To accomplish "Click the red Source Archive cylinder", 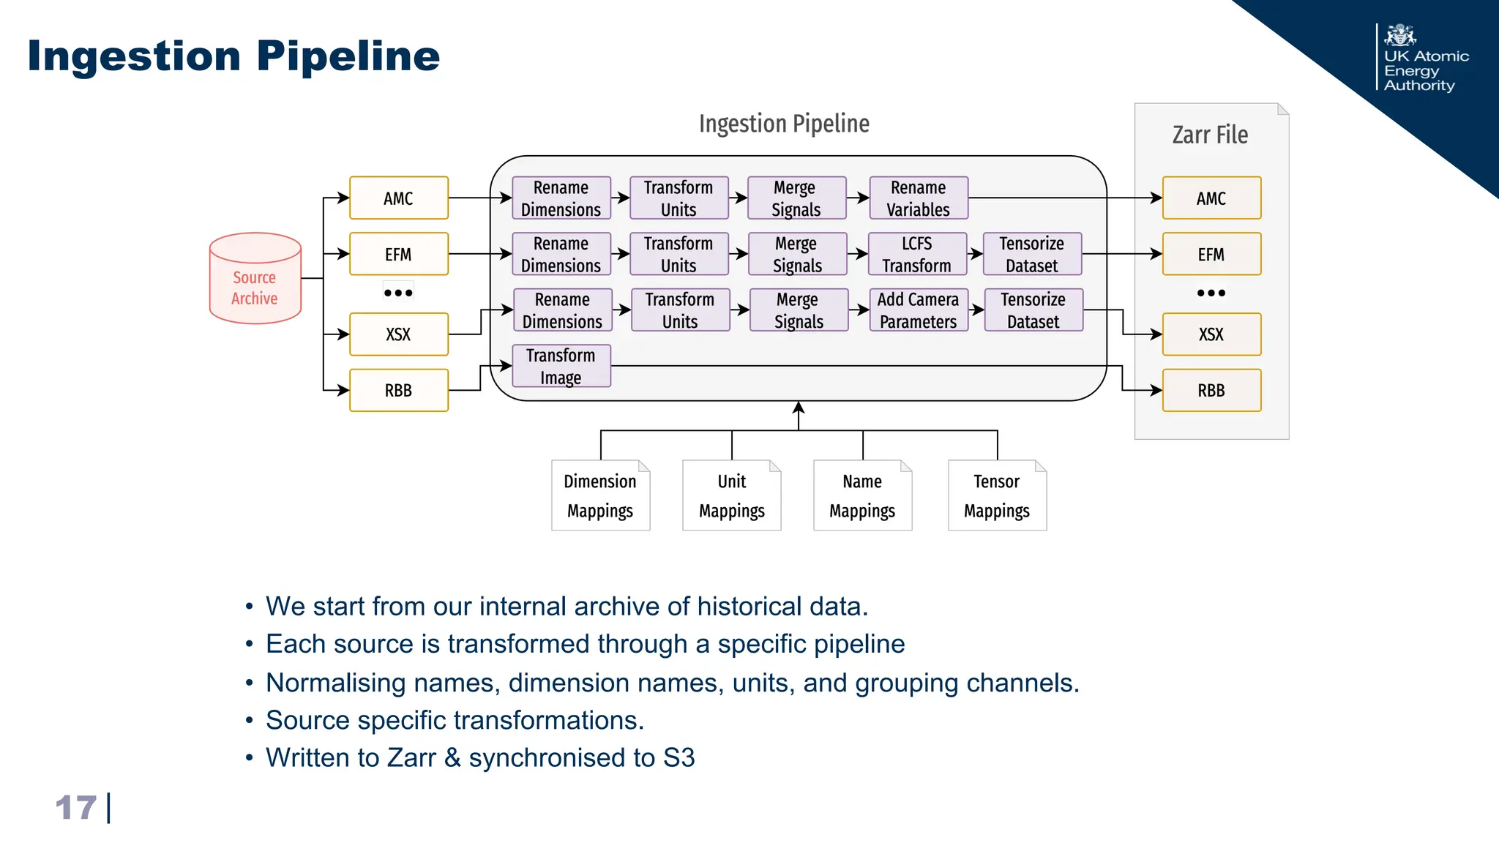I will pos(255,279).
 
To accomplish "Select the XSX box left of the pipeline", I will pos(398,334).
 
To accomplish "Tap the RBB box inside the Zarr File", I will pos(1211,390).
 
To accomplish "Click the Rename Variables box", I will pos(918,198).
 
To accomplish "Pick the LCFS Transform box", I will pos(916,254).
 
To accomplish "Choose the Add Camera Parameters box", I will pos(918,310).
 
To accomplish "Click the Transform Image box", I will pos(561,366).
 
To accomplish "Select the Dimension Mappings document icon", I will pos(600,495).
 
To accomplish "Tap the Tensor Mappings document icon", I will pos(996,495).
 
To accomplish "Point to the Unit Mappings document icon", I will pos(731,495).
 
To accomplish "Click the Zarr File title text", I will pos(1210,135).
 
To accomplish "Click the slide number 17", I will pos(76,808).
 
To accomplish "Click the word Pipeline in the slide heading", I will pos(348,56).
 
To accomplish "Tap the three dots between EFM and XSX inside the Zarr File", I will pos(1211,293).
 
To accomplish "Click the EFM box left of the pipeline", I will pos(398,254).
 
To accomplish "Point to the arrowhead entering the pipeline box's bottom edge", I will pos(799,406).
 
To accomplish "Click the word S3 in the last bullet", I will pos(679,757).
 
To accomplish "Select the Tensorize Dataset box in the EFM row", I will pos(1031,254).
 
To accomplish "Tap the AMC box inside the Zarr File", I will pos(1211,198).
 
